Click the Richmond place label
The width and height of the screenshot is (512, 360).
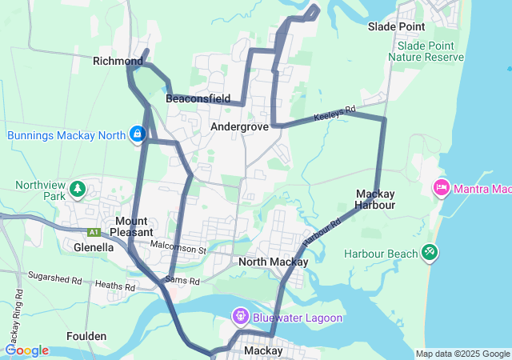118,61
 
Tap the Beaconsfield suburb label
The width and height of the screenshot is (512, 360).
198,99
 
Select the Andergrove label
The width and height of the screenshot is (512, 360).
239,127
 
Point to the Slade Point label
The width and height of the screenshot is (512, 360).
396,26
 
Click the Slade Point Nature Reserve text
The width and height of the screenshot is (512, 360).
430,52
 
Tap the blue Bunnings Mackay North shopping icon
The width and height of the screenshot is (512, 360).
138,134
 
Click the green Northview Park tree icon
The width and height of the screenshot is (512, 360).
78,190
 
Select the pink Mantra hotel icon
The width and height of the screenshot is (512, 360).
441,189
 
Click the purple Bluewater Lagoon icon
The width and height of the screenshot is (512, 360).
240,318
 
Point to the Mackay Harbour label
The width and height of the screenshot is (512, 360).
375,199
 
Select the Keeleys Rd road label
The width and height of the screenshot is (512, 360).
334,111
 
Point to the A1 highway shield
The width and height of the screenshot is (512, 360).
94,233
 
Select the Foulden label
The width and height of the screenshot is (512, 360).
87,336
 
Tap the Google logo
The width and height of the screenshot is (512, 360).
27,350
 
